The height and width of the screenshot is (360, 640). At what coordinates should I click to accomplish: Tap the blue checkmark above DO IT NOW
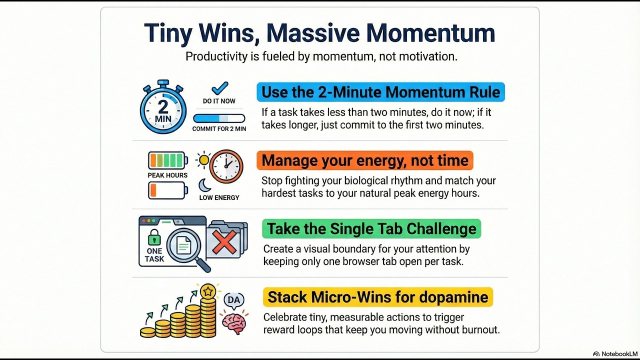tap(219, 88)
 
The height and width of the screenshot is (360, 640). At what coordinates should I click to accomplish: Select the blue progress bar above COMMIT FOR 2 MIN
tap(219, 118)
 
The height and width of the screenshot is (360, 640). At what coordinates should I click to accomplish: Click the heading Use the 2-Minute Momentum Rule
tap(380, 92)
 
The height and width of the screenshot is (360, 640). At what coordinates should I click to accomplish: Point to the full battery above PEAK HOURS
tap(167, 160)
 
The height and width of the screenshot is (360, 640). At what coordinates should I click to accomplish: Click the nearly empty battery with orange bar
tap(167, 190)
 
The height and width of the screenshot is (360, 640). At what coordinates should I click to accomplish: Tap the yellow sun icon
tap(203, 160)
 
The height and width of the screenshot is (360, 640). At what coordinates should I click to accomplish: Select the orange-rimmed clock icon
tap(226, 166)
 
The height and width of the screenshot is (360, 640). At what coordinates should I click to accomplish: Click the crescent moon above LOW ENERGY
tap(205, 185)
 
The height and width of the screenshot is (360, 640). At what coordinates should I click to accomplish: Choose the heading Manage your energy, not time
tap(365, 160)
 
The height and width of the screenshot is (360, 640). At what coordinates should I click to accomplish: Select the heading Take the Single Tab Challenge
tap(371, 228)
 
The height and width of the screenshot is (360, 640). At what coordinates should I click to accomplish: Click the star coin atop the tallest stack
tap(207, 290)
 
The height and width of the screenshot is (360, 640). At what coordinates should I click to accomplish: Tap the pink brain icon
tap(233, 322)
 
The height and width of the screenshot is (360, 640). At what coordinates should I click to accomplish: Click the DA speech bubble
tap(233, 300)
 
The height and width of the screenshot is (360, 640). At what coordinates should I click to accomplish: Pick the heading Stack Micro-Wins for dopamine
tap(378, 297)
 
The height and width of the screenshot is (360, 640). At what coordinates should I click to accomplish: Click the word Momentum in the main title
tap(430, 33)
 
